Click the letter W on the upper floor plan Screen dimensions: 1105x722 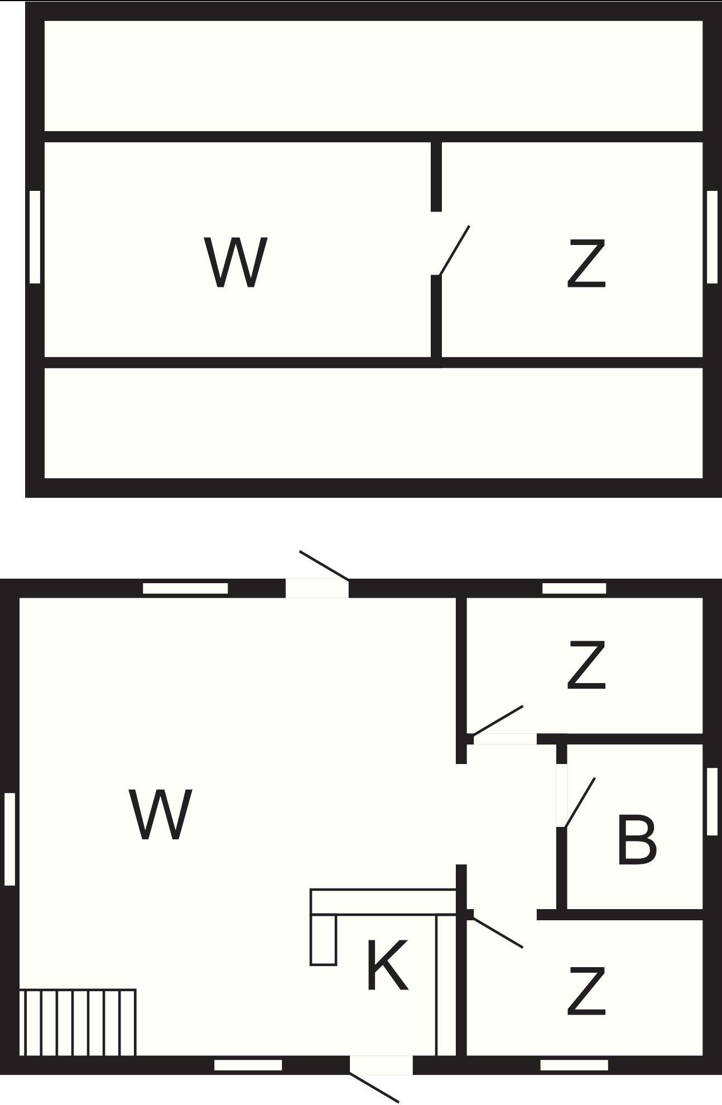tap(235, 262)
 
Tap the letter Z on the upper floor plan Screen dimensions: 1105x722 tap(586, 263)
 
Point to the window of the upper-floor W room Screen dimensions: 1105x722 tap(35, 237)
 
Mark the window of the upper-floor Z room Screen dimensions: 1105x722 tap(711, 237)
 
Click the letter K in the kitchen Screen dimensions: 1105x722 tap(387, 965)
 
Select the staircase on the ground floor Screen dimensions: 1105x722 tap(78, 1022)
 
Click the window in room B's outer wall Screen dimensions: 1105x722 tap(711, 801)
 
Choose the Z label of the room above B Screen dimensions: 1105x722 tap(586, 665)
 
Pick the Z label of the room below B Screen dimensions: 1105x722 tap(586, 992)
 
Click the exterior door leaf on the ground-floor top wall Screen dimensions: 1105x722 tap(324, 565)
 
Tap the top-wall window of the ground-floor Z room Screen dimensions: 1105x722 tap(574, 588)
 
